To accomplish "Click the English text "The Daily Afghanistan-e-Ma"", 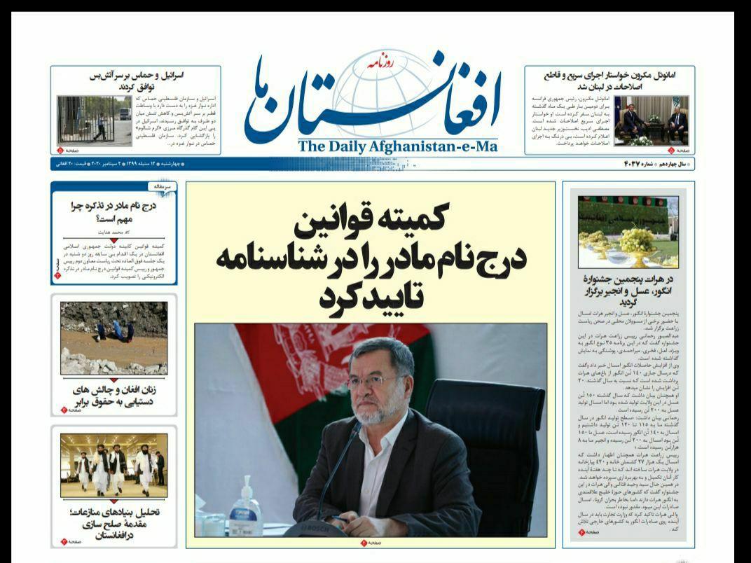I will click(397, 146).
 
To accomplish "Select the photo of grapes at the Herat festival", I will click(628, 231).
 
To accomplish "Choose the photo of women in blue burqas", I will click(113, 338).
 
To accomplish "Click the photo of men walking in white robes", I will click(113, 465).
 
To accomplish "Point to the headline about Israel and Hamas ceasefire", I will click(137, 81).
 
